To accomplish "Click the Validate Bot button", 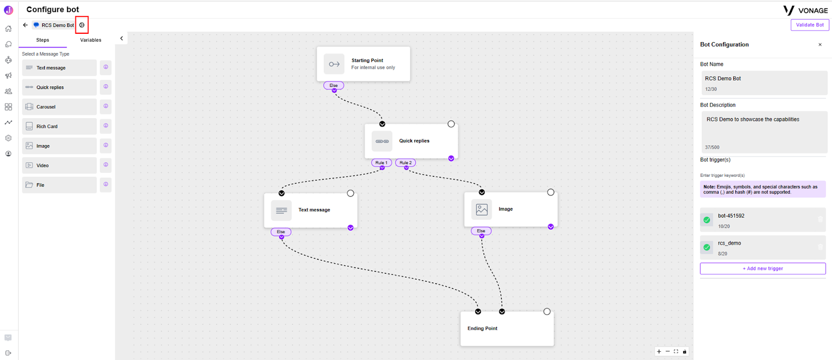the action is (810, 25).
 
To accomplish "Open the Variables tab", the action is (90, 40).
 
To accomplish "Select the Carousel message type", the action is (59, 107).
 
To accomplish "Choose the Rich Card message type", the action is (59, 126).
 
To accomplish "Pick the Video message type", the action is (59, 165).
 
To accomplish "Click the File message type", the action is (59, 185).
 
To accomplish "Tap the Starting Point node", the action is (363, 64).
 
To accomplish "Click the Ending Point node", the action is (507, 329).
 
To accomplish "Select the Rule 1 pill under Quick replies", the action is (382, 163).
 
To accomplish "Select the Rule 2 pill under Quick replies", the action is (406, 163).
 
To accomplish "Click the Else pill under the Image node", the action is (481, 231).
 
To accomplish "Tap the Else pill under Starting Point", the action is (333, 85).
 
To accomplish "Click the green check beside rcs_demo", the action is (707, 248).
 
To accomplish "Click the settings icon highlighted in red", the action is (82, 25).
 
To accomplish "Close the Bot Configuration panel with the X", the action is (820, 45).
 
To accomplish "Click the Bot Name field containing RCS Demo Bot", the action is (764, 83).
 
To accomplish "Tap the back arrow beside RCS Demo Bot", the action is (25, 25).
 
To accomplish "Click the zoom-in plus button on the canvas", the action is (659, 352).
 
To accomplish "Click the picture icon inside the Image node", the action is (482, 210).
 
